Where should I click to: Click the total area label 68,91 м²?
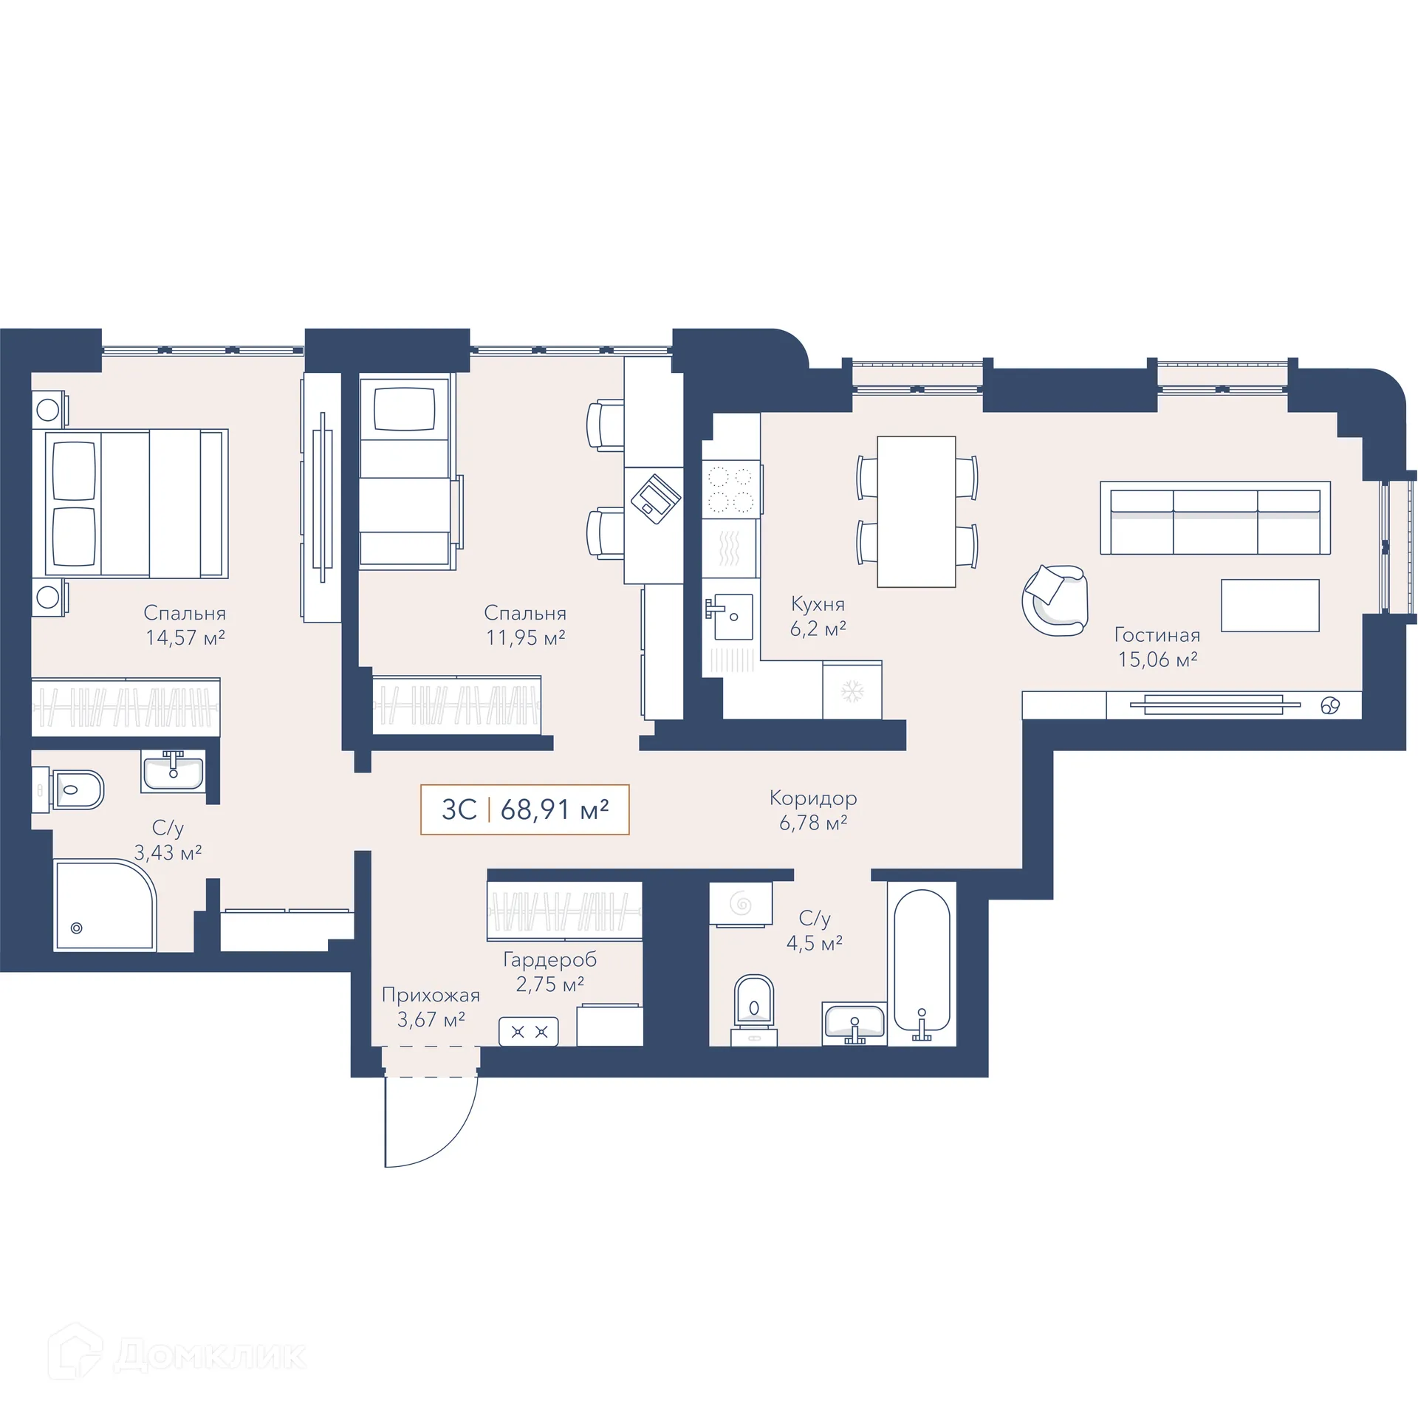click(555, 810)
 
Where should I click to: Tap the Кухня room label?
click(818, 604)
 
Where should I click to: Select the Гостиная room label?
click(1157, 635)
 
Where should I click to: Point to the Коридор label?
click(813, 798)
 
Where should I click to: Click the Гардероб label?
click(549, 960)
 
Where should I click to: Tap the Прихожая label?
click(431, 996)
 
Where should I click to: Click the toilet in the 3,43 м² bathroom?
click(74, 790)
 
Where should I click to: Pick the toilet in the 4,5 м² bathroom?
click(754, 1004)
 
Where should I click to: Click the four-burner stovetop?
click(730, 488)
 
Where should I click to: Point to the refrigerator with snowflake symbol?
click(852, 691)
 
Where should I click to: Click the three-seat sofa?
click(1215, 518)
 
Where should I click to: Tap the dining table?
click(916, 511)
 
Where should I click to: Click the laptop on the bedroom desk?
click(655, 499)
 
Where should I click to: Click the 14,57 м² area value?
click(185, 638)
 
